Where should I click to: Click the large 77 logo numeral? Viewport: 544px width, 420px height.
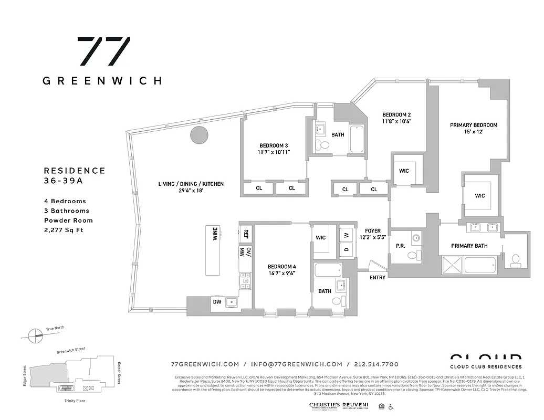tap(103, 51)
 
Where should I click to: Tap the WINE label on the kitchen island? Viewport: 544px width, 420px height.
tap(215, 234)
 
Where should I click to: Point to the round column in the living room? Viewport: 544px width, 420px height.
tap(199, 135)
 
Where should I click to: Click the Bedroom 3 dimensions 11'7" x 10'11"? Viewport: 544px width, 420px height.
tap(274, 152)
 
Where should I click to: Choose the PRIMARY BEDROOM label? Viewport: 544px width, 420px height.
tap(474, 125)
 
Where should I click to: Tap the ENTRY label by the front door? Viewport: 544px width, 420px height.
tap(377, 278)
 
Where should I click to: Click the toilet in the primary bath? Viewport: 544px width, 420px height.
tap(516, 259)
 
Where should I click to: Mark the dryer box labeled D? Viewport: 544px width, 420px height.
tap(347, 249)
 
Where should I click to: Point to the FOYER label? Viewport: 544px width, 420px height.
tap(372, 230)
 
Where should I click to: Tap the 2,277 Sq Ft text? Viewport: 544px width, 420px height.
tap(64, 230)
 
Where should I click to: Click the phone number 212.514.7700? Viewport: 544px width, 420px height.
tap(376, 364)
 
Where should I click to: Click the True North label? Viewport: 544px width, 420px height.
tap(55, 328)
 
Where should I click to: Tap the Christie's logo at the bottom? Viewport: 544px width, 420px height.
tap(324, 405)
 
